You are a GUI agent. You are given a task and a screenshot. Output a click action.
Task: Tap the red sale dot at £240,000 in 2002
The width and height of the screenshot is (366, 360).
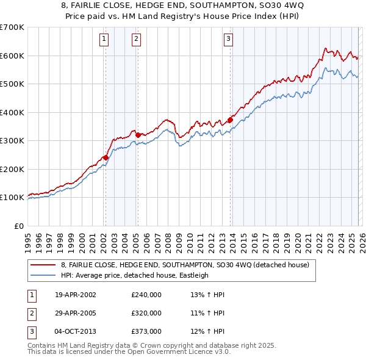106,157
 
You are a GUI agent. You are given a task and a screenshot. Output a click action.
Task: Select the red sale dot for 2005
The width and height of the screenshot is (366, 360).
138,135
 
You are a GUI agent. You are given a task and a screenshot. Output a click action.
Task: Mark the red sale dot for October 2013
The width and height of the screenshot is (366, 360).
230,120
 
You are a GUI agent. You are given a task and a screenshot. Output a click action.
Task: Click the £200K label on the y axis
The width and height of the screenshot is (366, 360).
12,169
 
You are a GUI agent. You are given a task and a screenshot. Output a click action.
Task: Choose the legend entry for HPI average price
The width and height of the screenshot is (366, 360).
134,275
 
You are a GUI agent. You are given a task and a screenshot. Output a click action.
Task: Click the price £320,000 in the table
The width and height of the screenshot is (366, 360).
146,313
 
